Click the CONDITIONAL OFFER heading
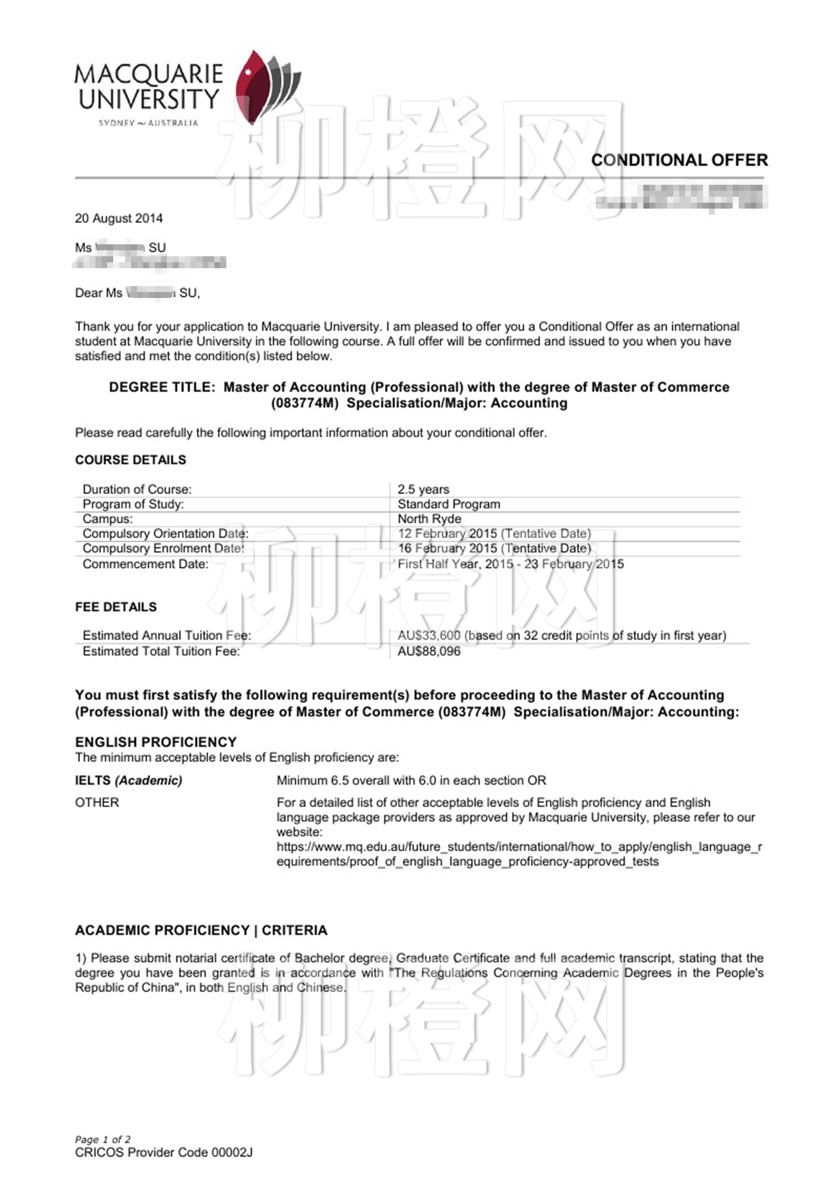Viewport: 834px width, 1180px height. click(x=679, y=160)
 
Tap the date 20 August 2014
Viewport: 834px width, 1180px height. click(x=119, y=218)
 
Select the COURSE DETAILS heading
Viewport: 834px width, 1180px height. click(x=130, y=460)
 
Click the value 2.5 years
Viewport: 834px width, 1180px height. click(x=424, y=489)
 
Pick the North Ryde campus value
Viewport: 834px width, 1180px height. click(x=429, y=518)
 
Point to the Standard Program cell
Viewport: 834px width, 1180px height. click(x=449, y=504)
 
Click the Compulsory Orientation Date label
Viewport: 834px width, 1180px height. click(x=165, y=533)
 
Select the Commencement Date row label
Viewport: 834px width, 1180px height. click(x=145, y=564)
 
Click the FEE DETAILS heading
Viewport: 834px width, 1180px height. click(x=116, y=607)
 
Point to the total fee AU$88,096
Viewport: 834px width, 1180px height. click(x=429, y=651)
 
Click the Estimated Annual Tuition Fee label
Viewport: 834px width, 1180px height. click(x=167, y=635)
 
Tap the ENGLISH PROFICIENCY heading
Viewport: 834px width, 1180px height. click(x=155, y=742)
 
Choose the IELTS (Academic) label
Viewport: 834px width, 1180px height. click(x=129, y=780)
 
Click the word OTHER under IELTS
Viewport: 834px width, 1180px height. click(x=97, y=802)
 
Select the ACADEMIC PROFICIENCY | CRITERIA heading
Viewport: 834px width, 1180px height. click(x=201, y=930)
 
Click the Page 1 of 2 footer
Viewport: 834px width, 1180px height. click(x=102, y=1139)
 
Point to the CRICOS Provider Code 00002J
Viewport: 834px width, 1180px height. click(x=163, y=1153)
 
